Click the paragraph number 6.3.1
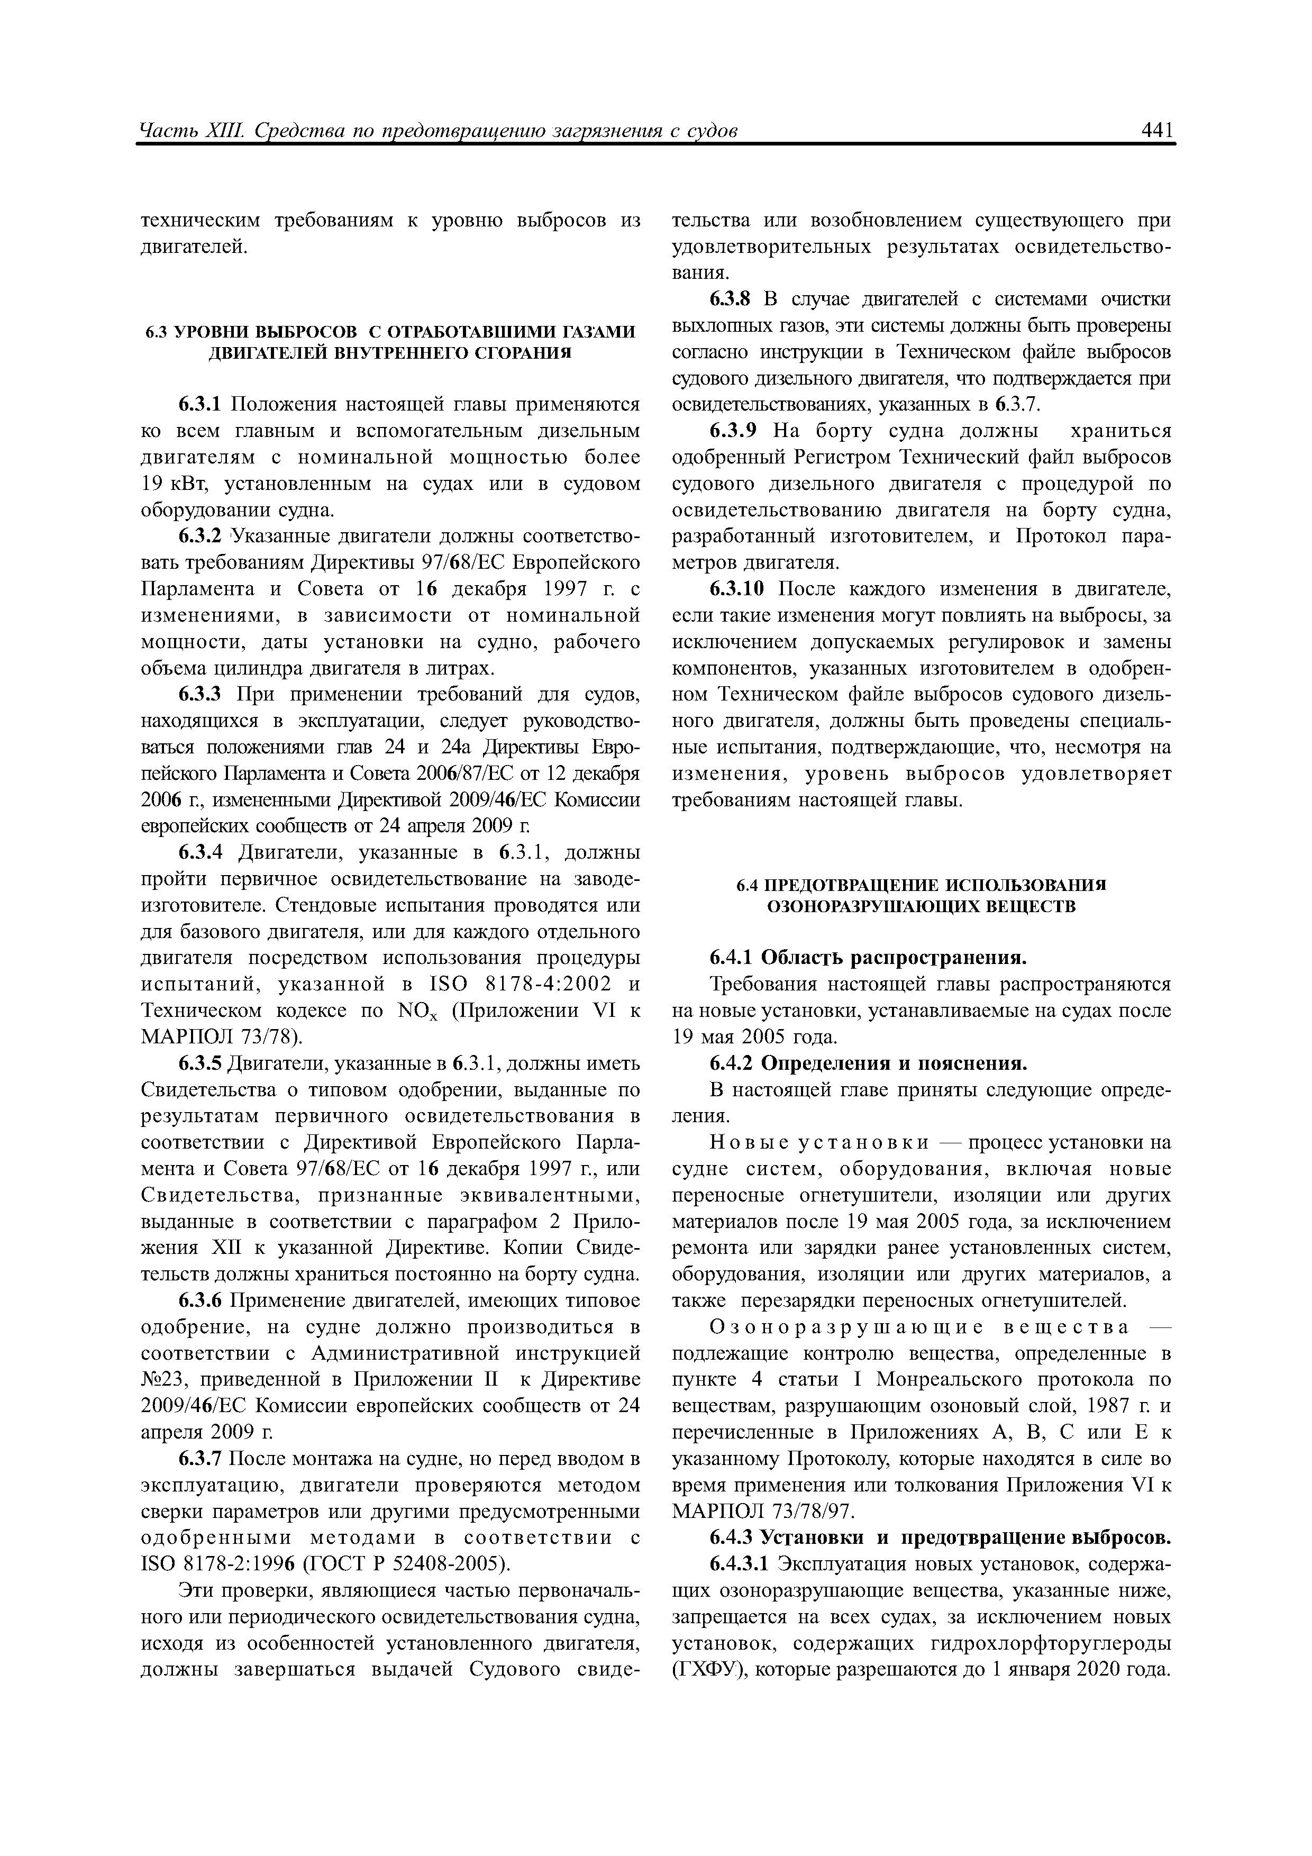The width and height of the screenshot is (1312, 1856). [x=199, y=404]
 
